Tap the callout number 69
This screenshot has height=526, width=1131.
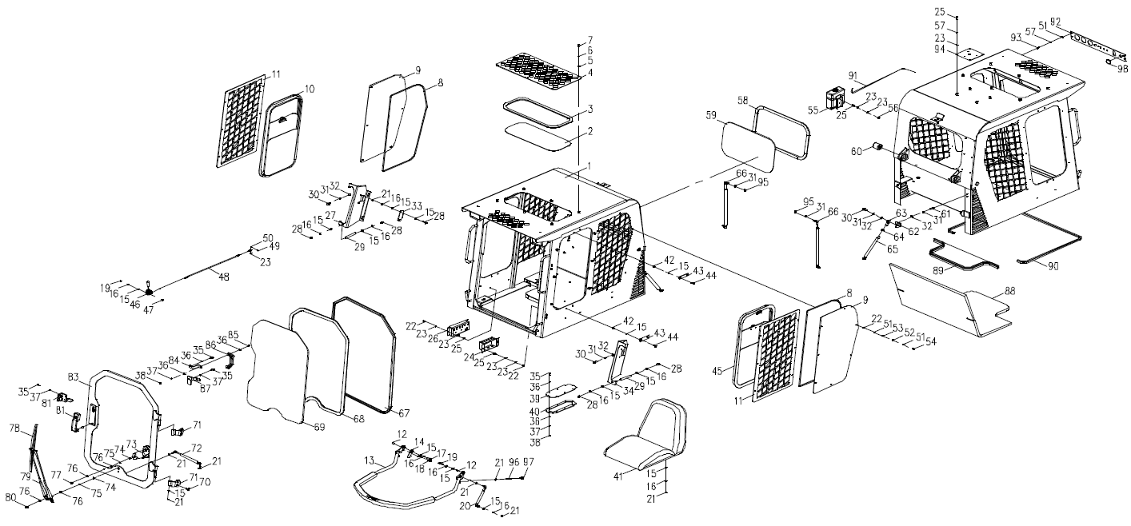(x=318, y=428)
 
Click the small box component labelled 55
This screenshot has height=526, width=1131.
(x=836, y=99)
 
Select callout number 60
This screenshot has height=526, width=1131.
(x=853, y=149)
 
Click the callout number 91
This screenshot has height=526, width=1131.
(x=853, y=77)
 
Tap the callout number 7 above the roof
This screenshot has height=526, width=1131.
(x=590, y=39)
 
